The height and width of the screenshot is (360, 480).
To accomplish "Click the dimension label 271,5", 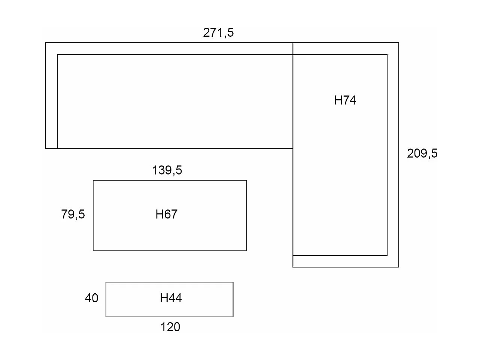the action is tap(218, 33).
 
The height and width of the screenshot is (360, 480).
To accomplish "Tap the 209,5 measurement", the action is tap(422, 153).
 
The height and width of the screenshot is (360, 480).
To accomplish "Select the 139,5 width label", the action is tap(167, 170).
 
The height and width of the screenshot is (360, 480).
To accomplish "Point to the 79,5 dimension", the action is tap(73, 214).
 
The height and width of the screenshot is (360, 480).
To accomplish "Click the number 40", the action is tap(91, 298).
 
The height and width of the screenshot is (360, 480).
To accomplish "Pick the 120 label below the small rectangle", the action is tap(170, 327).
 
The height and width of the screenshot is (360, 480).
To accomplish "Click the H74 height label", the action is tap(345, 100).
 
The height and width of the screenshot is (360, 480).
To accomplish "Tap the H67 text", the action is tap(166, 214).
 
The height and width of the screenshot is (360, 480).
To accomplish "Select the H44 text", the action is tap(171, 298).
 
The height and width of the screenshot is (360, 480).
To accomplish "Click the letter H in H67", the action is tap(159, 214).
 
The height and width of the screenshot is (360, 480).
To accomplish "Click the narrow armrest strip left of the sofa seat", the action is tap(51, 102).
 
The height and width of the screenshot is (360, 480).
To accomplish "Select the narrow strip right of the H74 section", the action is tap(393, 155).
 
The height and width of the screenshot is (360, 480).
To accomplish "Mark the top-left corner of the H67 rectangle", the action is tap(93, 181).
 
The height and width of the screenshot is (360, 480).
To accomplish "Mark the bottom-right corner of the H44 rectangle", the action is tap(233, 317).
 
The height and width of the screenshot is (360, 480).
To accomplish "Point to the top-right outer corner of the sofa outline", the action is tap(399, 43).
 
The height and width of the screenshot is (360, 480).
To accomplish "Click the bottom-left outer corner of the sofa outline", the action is tap(45, 148).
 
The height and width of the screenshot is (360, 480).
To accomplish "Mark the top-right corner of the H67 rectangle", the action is tap(246, 181).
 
